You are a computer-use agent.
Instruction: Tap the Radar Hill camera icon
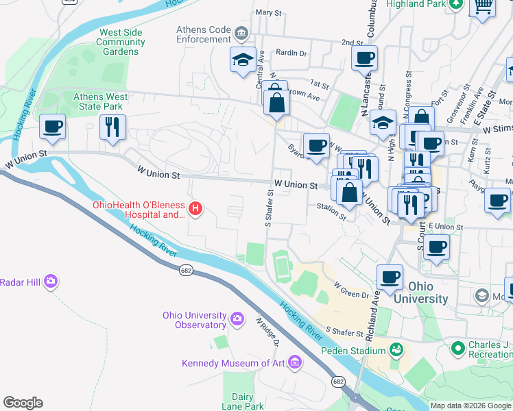click(x=50, y=282)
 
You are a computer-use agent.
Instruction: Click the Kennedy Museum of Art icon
click(x=295, y=362)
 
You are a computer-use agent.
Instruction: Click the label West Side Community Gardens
click(x=120, y=42)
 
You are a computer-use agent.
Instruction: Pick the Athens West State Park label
click(x=97, y=101)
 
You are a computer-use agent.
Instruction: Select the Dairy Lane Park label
click(x=248, y=401)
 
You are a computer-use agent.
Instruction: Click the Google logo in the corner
click(x=23, y=403)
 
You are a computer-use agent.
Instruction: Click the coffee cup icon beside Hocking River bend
click(x=53, y=127)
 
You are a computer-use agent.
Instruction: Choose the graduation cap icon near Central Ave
click(x=243, y=60)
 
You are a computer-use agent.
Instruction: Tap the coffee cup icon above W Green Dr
click(x=390, y=277)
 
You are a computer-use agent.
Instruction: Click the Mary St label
click(x=269, y=13)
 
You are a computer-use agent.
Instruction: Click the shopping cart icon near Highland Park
click(x=482, y=5)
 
